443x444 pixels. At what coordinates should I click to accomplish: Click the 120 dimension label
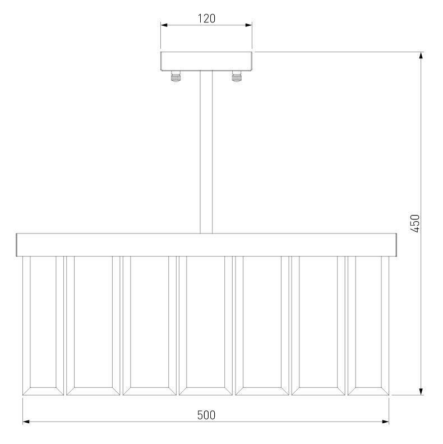coord(206,19)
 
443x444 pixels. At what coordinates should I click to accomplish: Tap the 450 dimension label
coord(415,223)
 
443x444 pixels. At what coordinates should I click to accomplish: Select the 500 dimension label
coord(206,415)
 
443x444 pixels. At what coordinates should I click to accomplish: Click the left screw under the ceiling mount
coord(176,76)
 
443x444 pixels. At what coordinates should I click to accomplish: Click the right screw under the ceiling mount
coord(237,76)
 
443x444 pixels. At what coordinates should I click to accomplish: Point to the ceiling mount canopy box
coord(206,61)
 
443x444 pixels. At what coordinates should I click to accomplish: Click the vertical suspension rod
coord(206,152)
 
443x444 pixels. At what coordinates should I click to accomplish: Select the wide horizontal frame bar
coord(206,245)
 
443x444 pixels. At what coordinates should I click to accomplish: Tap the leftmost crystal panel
coord(43,326)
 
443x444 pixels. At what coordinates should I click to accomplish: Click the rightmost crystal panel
coord(368,326)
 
